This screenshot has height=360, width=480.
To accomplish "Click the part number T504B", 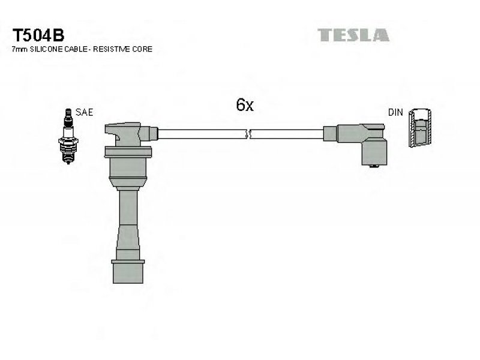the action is click(x=38, y=35).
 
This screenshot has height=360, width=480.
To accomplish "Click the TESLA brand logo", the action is click(x=353, y=35).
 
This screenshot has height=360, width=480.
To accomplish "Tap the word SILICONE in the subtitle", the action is click(x=46, y=49).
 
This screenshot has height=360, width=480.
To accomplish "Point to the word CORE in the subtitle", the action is click(x=142, y=49).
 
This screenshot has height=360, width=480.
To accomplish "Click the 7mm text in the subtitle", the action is click(x=20, y=49).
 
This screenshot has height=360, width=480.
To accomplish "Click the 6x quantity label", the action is click(x=245, y=104).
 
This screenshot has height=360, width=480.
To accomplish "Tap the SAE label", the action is click(x=84, y=112).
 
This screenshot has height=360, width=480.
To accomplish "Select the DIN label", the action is click(x=395, y=112).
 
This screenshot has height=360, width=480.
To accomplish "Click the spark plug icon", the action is click(x=68, y=136).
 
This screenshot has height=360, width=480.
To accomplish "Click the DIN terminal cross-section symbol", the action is click(x=420, y=128).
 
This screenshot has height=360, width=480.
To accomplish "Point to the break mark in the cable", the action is click(x=248, y=134).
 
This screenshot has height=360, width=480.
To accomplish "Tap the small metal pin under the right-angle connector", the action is click(x=374, y=166).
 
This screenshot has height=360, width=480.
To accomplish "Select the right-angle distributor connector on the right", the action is click(x=355, y=144).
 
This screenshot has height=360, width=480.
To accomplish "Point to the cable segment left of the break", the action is click(x=202, y=134).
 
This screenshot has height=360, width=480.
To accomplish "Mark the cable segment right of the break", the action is click(x=287, y=134).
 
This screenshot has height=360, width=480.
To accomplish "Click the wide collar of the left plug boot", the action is click(x=128, y=152).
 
